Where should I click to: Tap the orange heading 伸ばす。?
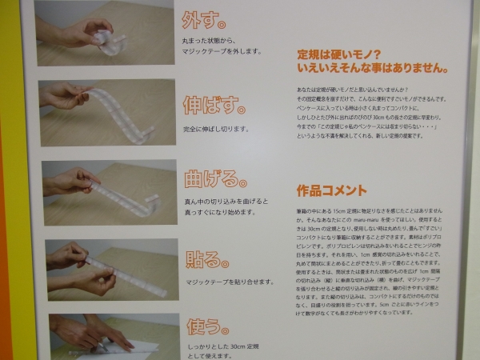point(213,105)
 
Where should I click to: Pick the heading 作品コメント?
point(331,191)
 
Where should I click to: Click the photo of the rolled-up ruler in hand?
point(104,32)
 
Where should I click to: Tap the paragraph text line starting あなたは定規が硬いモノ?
point(352,89)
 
